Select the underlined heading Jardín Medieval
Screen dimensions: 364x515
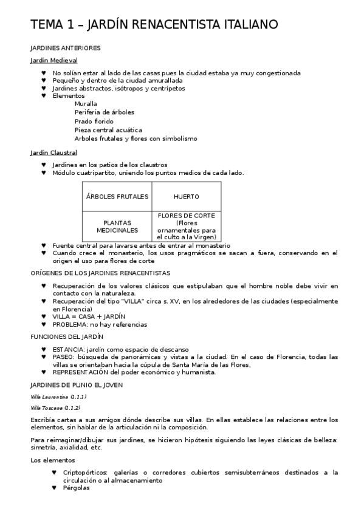[x=53, y=60]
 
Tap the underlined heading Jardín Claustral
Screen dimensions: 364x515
[x=53, y=152]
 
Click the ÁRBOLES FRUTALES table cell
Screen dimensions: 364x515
[x=117, y=197]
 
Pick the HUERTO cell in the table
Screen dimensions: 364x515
[x=186, y=197]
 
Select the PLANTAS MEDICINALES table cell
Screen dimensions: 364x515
[x=117, y=227]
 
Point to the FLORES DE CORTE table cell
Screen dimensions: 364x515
[x=186, y=227]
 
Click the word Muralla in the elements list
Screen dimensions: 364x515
[x=86, y=103]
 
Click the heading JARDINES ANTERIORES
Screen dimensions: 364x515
[x=65, y=47]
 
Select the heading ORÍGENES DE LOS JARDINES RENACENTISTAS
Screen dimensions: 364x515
[x=100, y=273]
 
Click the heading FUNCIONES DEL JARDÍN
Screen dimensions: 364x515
[x=67, y=336]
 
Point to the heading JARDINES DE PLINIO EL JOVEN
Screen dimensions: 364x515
[x=77, y=385]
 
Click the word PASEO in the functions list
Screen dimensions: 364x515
[x=63, y=357]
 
